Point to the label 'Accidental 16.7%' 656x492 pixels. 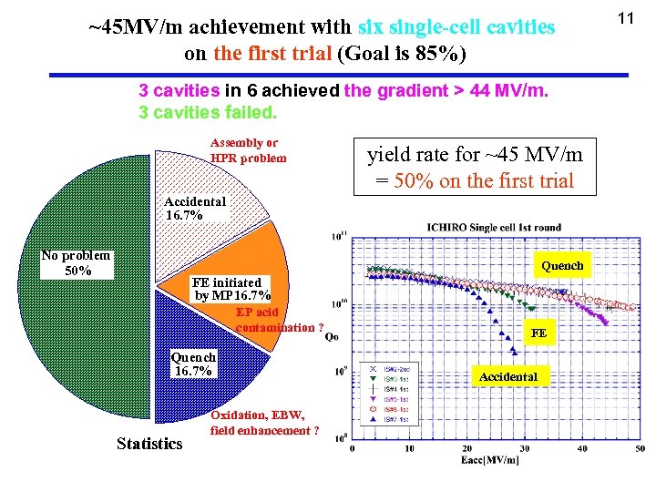[195, 209]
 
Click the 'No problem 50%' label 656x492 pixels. [77, 263]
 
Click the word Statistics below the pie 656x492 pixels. [149, 444]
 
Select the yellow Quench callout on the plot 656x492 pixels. [562, 266]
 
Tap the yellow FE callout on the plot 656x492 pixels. [539, 333]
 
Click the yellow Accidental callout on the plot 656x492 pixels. [508, 376]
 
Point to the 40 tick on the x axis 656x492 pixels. [583, 448]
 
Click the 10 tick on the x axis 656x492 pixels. [408, 448]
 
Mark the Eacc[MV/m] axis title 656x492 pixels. [489, 460]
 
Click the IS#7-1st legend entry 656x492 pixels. [399, 419]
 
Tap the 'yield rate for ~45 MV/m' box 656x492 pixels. [474, 167]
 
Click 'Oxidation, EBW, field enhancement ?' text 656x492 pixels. [260, 423]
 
